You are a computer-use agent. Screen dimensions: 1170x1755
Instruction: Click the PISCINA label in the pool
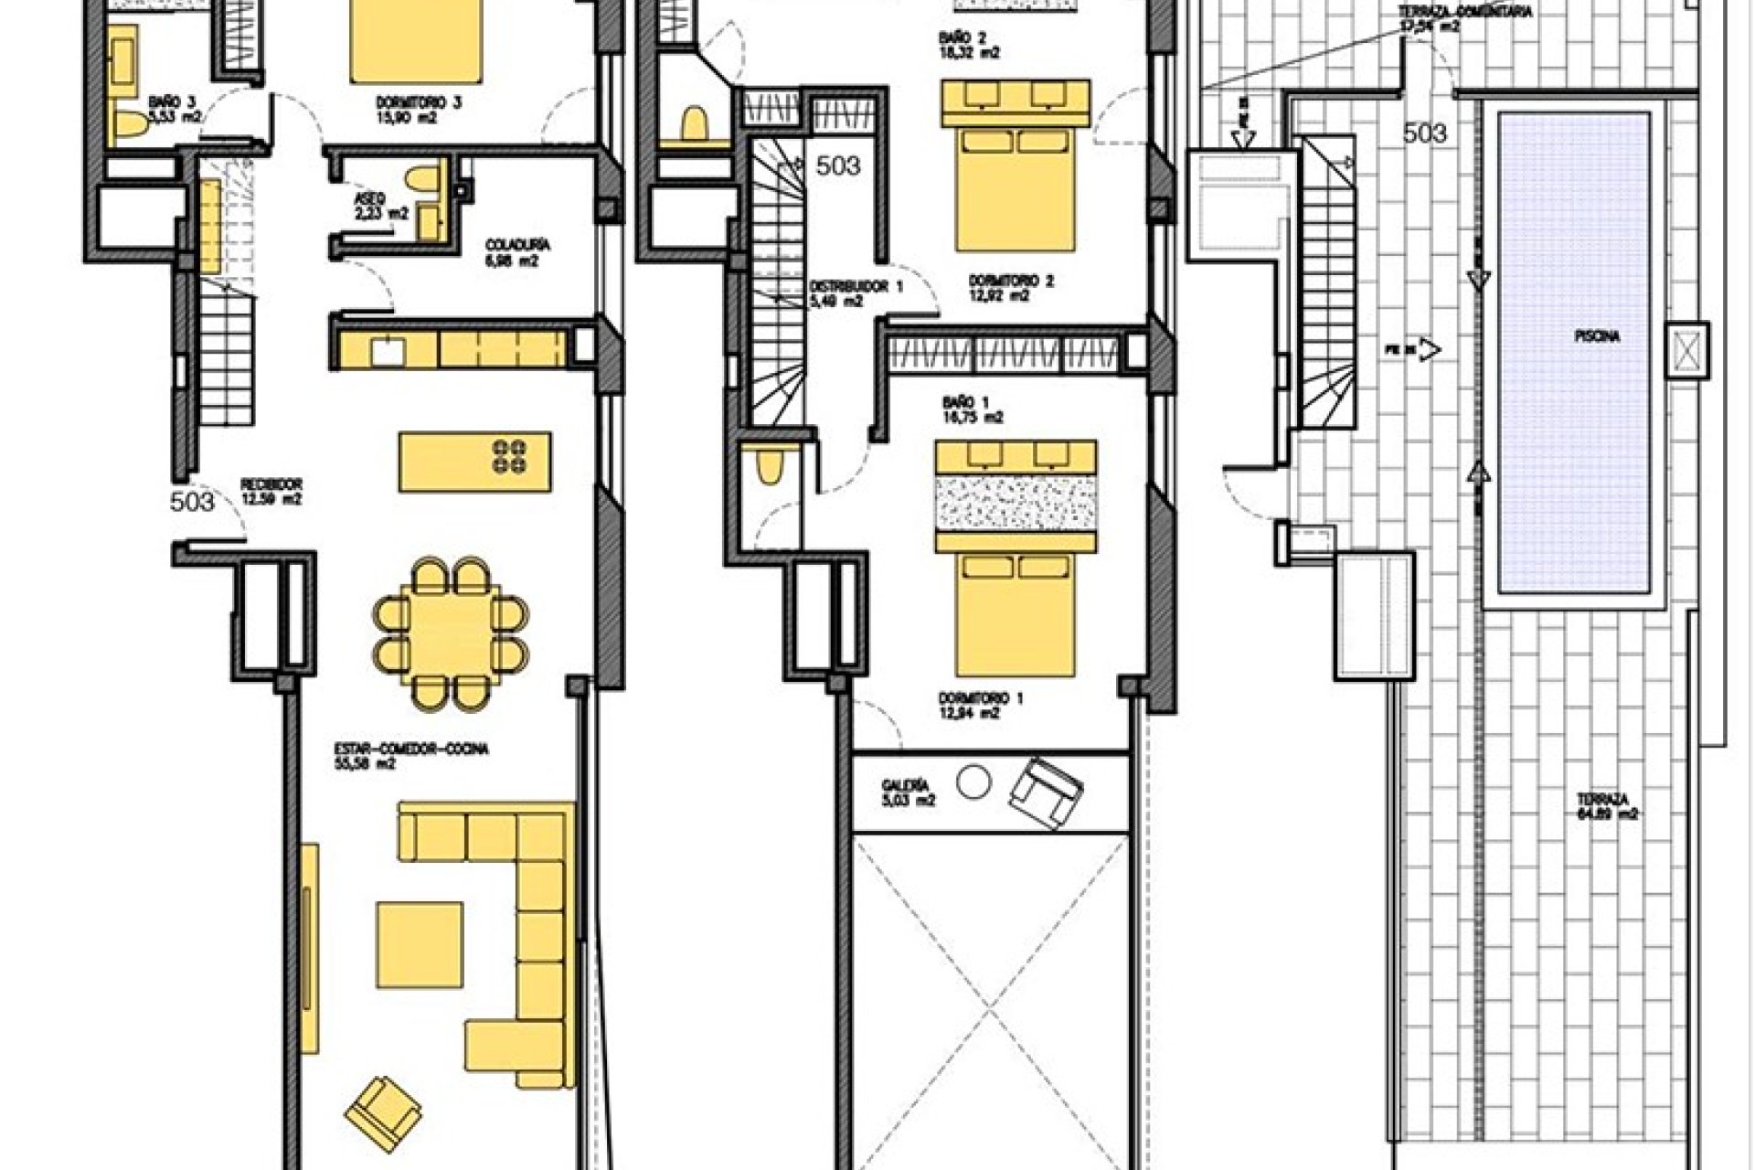tap(1596, 337)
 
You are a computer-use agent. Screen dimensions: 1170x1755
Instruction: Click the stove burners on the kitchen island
tap(509, 456)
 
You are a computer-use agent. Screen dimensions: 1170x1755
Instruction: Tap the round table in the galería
tap(973, 782)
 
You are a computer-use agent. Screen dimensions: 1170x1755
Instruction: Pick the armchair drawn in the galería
tap(1048, 792)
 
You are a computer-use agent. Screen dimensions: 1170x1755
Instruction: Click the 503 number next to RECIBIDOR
tap(193, 502)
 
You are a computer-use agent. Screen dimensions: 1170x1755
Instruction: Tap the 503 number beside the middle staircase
tap(837, 166)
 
